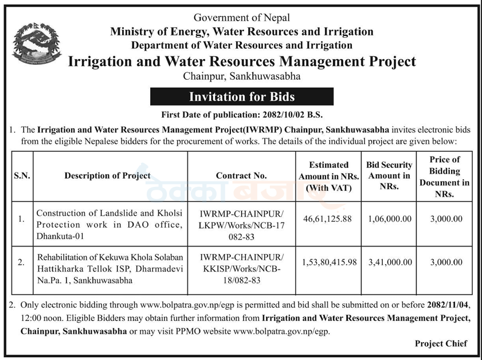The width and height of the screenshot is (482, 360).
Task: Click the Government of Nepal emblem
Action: click(37, 44)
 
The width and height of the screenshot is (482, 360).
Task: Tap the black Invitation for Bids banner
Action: click(242, 96)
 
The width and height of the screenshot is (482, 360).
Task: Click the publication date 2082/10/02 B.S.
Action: click(293, 115)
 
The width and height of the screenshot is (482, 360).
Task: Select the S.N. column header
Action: click(22, 176)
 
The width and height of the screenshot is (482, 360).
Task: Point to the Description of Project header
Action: click(108, 175)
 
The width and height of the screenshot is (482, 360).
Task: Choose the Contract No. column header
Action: click(241, 175)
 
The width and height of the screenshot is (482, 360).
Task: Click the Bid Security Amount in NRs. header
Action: click(389, 176)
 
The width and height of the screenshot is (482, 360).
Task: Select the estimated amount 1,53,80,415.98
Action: click(329, 262)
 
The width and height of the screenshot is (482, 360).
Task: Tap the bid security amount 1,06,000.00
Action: click(390, 219)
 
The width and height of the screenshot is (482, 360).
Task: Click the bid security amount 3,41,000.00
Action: click(390, 262)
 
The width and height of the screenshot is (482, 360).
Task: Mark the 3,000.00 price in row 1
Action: click(446, 219)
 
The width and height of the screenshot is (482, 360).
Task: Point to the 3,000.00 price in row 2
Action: click(446, 262)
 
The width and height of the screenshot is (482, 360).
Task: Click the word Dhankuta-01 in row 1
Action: click(60, 236)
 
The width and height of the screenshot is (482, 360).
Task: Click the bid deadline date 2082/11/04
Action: click(448, 305)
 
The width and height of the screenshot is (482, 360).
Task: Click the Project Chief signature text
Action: click(441, 343)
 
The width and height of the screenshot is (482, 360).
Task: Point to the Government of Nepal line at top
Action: click(242, 18)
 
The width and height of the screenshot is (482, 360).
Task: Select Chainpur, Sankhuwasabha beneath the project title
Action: click(242, 76)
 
